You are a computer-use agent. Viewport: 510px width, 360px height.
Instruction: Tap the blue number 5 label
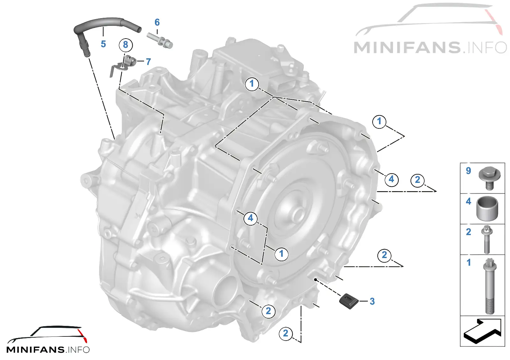[x=103, y=44]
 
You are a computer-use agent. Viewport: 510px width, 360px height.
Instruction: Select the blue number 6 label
[x=157, y=22]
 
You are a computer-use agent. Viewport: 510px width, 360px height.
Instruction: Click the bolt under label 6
[x=160, y=40]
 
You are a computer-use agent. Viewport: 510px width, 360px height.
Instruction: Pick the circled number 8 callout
[x=126, y=45]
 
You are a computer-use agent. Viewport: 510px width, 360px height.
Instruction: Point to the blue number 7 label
[x=149, y=62]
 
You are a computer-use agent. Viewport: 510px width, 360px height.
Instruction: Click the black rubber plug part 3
[x=349, y=301]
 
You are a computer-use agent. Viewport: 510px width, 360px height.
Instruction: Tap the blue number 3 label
[x=372, y=301]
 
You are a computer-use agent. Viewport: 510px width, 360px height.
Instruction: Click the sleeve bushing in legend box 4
[x=487, y=208]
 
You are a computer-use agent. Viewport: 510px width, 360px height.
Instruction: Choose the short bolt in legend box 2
[x=487, y=239]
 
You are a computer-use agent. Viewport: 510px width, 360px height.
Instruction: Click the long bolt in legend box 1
[x=490, y=286]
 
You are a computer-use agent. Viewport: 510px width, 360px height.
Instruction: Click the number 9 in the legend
[x=468, y=171]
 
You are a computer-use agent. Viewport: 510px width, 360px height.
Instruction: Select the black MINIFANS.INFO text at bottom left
[x=48, y=349]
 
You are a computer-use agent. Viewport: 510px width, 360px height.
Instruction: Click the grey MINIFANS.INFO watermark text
[x=430, y=47]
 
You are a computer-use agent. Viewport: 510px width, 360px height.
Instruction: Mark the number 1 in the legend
[x=469, y=263]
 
